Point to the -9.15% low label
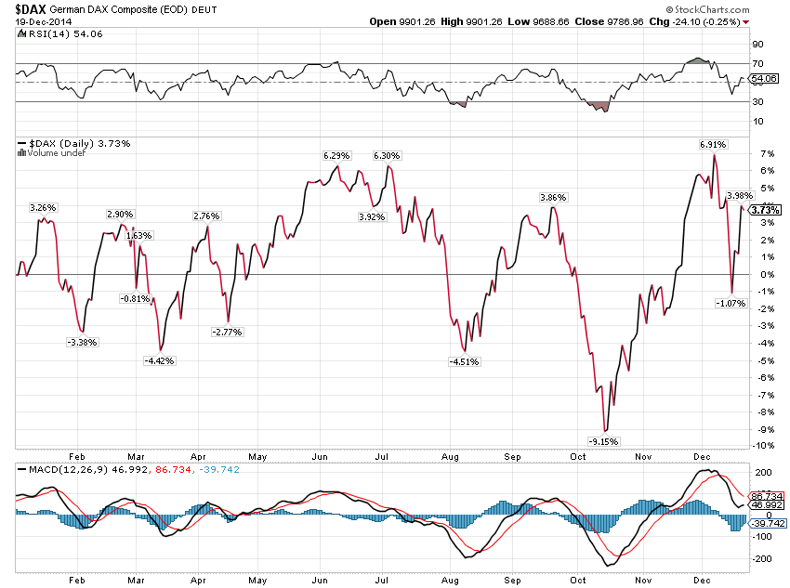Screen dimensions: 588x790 (x=604, y=441)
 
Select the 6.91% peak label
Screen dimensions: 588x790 (x=713, y=145)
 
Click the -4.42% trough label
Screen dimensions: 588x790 (x=158, y=360)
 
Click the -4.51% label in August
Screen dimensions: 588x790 (x=463, y=362)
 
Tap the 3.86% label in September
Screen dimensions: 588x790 (x=554, y=198)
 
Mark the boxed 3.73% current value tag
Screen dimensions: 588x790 (x=765, y=211)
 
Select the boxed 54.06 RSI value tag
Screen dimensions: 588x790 (x=764, y=79)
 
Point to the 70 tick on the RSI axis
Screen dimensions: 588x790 (x=757, y=63)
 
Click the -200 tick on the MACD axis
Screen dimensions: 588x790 (x=763, y=558)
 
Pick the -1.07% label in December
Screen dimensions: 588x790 (x=731, y=303)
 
